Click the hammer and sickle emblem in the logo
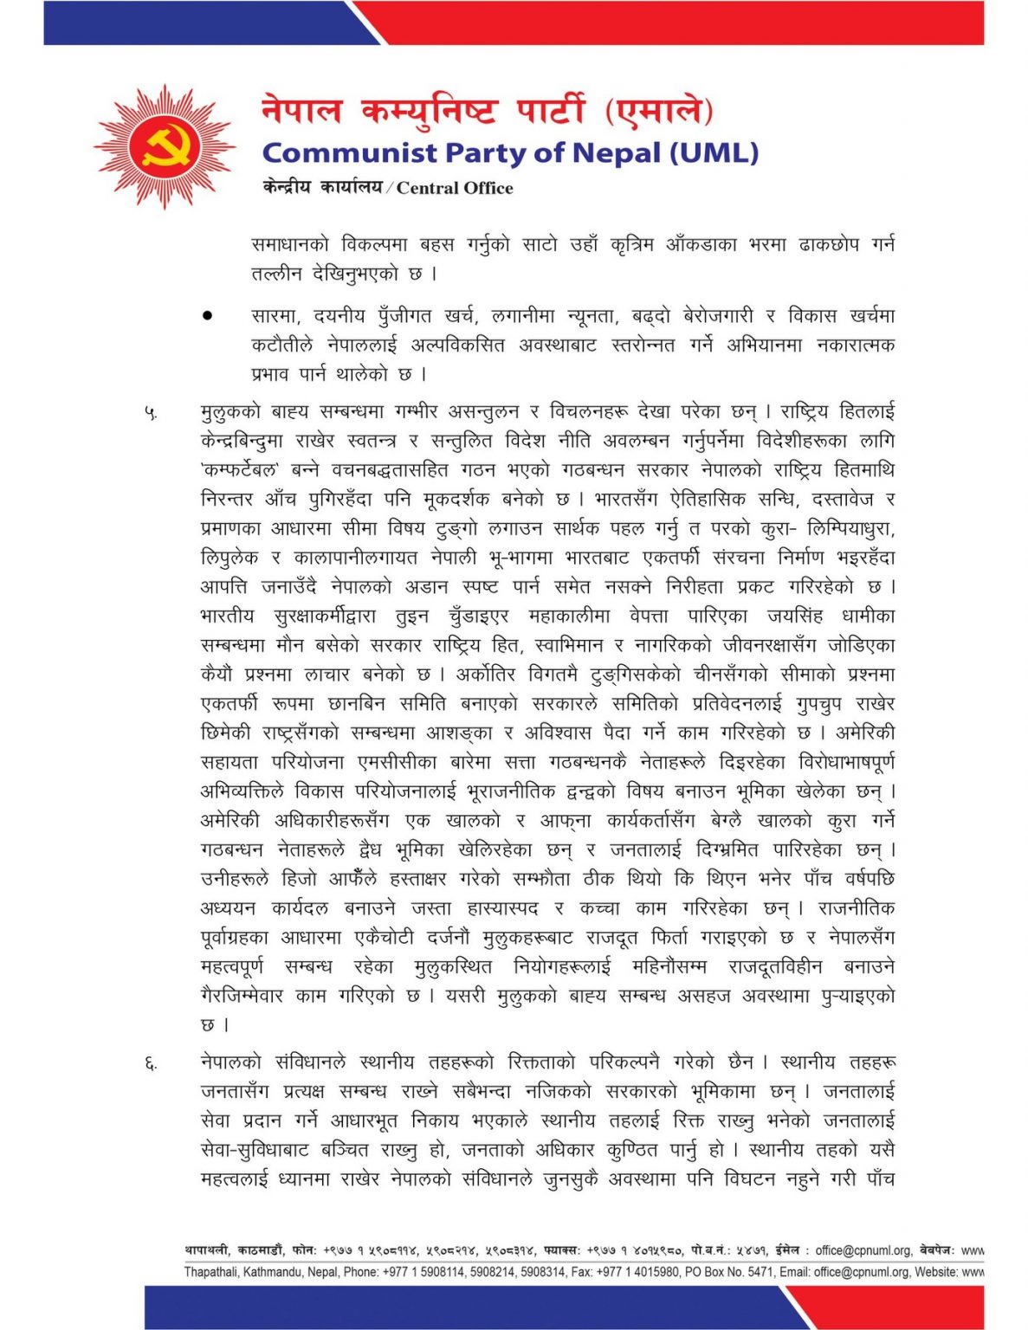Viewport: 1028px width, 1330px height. pos(165,146)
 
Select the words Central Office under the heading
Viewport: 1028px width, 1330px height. pos(455,188)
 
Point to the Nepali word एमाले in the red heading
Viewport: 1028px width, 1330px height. pos(659,111)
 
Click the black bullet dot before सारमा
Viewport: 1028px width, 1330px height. pos(208,316)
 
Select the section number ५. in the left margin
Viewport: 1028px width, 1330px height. pos(151,413)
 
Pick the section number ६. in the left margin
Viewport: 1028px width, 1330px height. pos(151,1063)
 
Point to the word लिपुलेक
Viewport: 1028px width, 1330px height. pos(230,558)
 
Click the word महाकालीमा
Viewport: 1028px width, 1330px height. pos(569,617)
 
